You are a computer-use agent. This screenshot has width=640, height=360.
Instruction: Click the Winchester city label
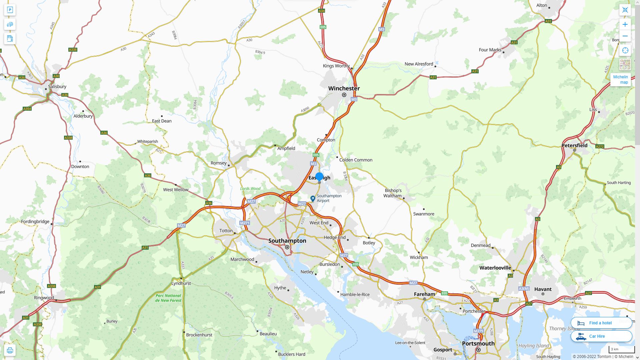pyautogui.click(x=344, y=88)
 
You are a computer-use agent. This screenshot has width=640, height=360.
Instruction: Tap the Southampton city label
pyautogui.click(x=287, y=241)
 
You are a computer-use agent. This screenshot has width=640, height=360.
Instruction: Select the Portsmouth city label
pyautogui.click(x=478, y=343)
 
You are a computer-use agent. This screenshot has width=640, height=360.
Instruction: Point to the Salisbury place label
pyautogui.click(x=57, y=87)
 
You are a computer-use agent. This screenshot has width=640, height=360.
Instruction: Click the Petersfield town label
pyautogui.click(x=574, y=145)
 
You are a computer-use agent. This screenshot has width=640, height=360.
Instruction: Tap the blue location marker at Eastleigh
pyautogui.click(x=319, y=177)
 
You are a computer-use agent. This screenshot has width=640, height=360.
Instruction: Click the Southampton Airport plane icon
pyautogui.click(x=313, y=199)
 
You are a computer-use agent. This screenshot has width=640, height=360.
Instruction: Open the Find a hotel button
pyautogui.click(x=601, y=323)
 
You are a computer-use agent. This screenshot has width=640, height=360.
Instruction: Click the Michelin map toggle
pyautogui.click(x=620, y=80)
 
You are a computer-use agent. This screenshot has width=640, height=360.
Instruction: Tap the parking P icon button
pyautogui.click(x=10, y=10)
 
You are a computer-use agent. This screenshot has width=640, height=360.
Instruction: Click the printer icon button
pyautogui.click(x=10, y=350)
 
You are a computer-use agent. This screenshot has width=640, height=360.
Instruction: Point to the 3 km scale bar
pyautogui.click(x=621, y=349)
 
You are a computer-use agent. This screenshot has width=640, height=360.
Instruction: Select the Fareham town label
pyautogui.click(x=424, y=294)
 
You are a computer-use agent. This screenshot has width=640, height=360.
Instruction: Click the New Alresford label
pyautogui.click(x=419, y=64)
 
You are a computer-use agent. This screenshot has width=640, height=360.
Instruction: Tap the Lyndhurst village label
pyautogui.click(x=181, y=283)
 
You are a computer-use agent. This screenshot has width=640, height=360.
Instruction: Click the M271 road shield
pyautogui.click(x=244, y=223)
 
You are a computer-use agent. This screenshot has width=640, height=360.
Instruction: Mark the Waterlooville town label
pyautogui.click(x=495, y=268)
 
